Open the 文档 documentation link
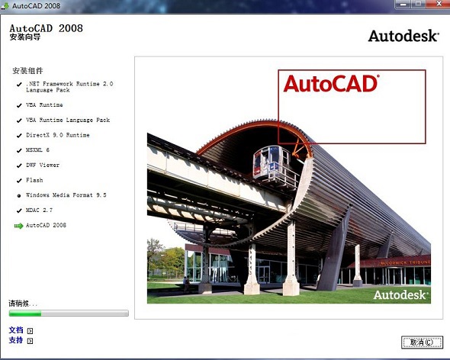(16, 330)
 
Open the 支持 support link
(16, 340)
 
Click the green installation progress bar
(69, 313)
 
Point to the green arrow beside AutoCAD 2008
(18, 226)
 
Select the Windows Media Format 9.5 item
(66, 195)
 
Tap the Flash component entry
(34, 180)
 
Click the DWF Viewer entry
(43, 165)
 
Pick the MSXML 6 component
(37, 150)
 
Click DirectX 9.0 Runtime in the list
(57, 135)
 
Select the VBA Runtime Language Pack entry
(68, 120)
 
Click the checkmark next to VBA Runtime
(18, 105)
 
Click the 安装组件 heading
(28, 71)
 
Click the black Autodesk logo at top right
(403, 36)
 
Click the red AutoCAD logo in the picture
(331, 83)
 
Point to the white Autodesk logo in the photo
(400, 294)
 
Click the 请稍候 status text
(23, 303)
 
